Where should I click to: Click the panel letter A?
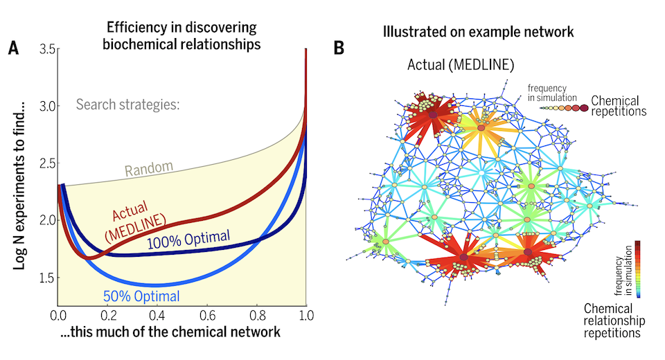pyautogui.click(x=13, y=48)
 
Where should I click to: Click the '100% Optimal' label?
pyautogui.click(x=188, y=239)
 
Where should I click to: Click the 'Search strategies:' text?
pyautogui.click(x=127, y=106)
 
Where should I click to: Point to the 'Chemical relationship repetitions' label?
pyautogui.click(x=614, y=321)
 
